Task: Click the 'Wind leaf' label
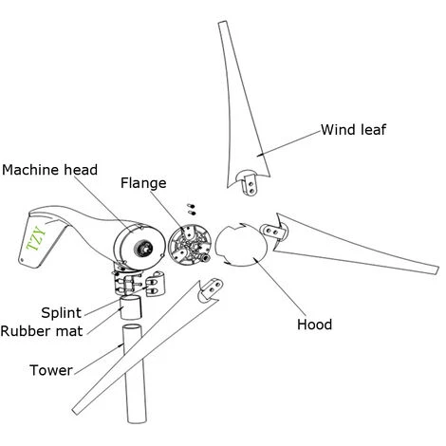(x=353, y=130)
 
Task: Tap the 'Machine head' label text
(x=49, y=170)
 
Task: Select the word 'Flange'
(x=143, y=183)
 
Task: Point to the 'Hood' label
(x=314, y=325)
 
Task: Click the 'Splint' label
(x=62, y=313)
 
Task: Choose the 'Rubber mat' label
(x=42, y=331)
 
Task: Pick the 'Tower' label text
(x=51, y=370)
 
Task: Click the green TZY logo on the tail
(x=36, y=239)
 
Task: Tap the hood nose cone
(x=241, y=246)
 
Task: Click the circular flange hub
(x=189, y=244)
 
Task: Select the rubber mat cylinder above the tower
(x=130, y=307)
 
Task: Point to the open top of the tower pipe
(x=133, y=328)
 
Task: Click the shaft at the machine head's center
(x=145, y=248)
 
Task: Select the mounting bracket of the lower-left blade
(x=210, y=289)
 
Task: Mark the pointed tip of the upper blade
(x=223, y=23)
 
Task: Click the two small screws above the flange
(x=191, y=209)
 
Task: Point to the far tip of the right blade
(x=437, y=270)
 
